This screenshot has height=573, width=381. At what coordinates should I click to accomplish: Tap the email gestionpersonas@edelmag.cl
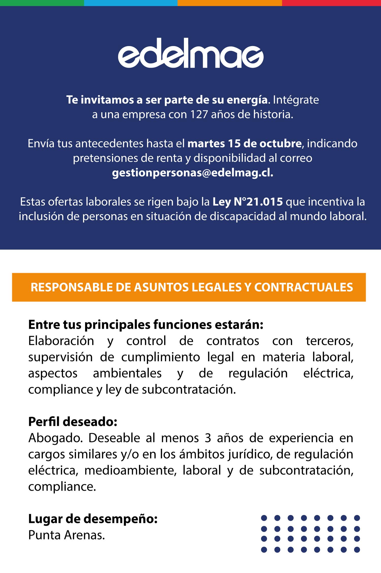[x=193, y=173]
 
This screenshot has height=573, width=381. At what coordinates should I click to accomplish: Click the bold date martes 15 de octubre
[x=244, y=144]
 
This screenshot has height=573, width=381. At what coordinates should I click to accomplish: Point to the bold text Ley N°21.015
[x=248, y=202]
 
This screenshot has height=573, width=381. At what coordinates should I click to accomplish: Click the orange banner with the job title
[x=189, y=287]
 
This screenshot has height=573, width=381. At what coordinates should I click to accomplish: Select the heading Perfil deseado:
[x=73, y=421]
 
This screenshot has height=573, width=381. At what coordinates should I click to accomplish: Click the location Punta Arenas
[x=67, y=535]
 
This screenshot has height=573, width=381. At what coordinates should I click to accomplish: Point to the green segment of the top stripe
[x=42, y=3]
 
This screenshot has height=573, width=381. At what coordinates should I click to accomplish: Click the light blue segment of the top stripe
[x=131, y=3]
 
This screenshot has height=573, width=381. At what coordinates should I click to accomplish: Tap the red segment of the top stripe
[x=331, y=3]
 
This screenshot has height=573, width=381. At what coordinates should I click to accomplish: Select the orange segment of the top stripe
[x=230, y=3]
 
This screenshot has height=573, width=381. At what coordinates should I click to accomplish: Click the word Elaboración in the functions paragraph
[x=61, y=341]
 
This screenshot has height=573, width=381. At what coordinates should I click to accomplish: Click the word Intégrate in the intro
[x=296, y=100]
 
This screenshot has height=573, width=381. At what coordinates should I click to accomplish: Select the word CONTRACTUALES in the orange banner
[x=304, y=287]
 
